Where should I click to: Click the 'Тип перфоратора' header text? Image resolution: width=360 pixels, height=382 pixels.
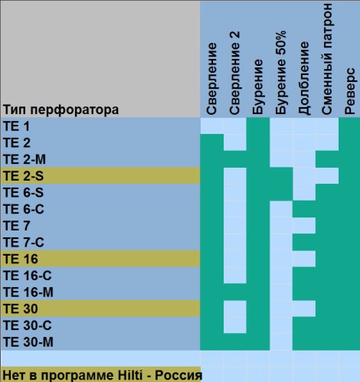click(61, 109)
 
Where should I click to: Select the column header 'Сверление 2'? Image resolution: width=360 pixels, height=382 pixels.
click(234, 73)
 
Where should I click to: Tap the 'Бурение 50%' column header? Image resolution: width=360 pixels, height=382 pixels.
click(281, 73)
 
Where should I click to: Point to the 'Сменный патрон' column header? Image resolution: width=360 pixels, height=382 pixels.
click(327, 59)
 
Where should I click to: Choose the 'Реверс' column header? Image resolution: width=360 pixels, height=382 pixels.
click(350, 91)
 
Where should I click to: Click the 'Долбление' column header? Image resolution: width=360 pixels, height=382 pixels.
click(304, 78)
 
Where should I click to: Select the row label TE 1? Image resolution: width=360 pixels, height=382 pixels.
click(16, 126)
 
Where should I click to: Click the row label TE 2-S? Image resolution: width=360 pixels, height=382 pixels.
click(23, 176)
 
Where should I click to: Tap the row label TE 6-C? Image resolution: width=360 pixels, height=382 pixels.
click(24, 209)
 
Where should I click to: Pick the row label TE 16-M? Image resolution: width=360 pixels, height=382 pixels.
click(28, 292)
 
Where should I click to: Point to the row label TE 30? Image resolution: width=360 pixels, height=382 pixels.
click(21, 309)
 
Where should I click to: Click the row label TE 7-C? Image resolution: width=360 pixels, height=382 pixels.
click(24, 242)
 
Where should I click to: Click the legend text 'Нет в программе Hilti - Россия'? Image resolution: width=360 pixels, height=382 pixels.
click(102, 375)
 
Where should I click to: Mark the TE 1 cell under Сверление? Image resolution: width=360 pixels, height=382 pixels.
click(212, 126)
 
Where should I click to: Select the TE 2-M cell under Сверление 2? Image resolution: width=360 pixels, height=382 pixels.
click(235, 158)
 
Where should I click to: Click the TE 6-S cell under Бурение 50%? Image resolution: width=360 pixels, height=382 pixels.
click(281, 192)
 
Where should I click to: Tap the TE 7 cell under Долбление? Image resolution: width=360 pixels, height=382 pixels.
click(304, 225)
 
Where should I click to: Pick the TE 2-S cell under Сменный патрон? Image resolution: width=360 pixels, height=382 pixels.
click(327, 175)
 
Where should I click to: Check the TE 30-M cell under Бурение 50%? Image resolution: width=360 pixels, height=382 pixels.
click(281, 341)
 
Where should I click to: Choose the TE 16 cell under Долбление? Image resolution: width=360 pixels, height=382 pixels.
click(304, 258)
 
